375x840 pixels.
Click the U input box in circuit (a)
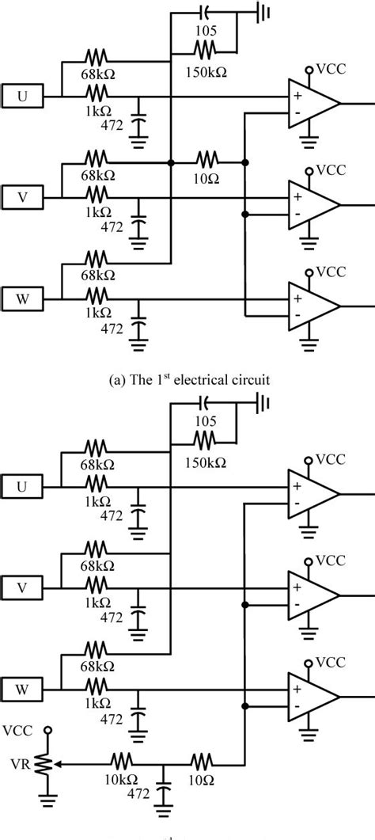tap(22, 97)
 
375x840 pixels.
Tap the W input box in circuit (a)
tap(22, 299)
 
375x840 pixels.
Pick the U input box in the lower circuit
tap(22, 486)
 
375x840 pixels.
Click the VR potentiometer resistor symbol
tap(49, 764)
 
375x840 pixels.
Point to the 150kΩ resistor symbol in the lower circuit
tap(204, 437)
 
